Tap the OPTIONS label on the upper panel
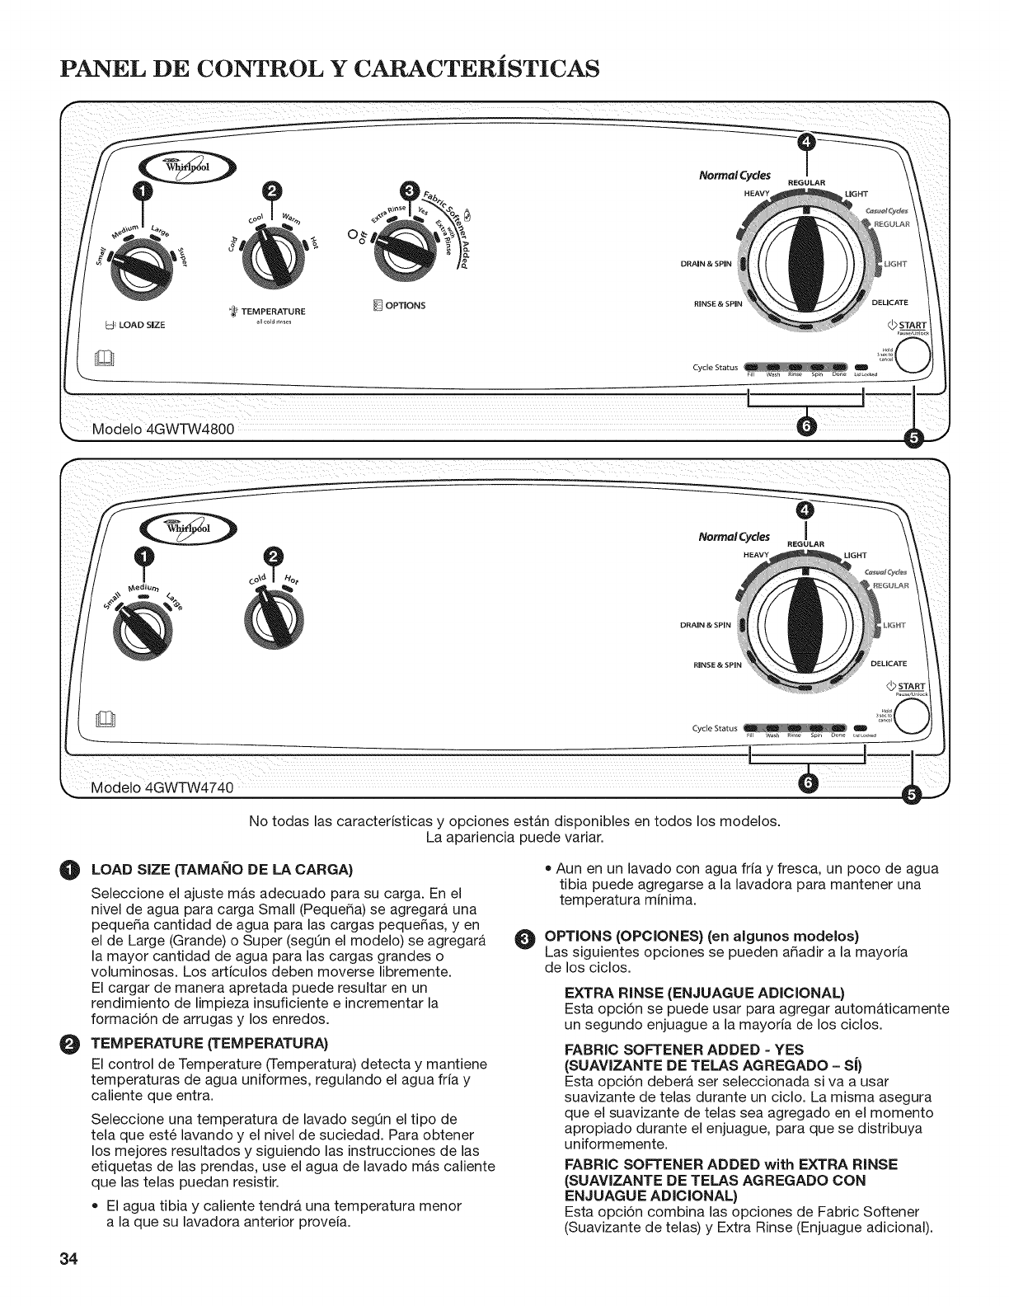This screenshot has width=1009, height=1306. (x=404, y=306)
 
